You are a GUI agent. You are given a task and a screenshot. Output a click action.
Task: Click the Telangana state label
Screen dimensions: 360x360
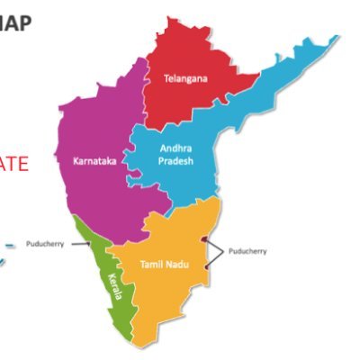pyautogui.click(x=185, y=78)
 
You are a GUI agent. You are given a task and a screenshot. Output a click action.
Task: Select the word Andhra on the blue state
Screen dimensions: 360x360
pyautogui.click(x=175, y=148)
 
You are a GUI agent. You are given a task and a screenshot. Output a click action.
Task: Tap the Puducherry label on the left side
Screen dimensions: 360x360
pyautogui.click(x=45, y=243)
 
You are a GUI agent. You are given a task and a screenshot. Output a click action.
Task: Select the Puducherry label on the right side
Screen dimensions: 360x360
pyautogui.click(x=248, y=252)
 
